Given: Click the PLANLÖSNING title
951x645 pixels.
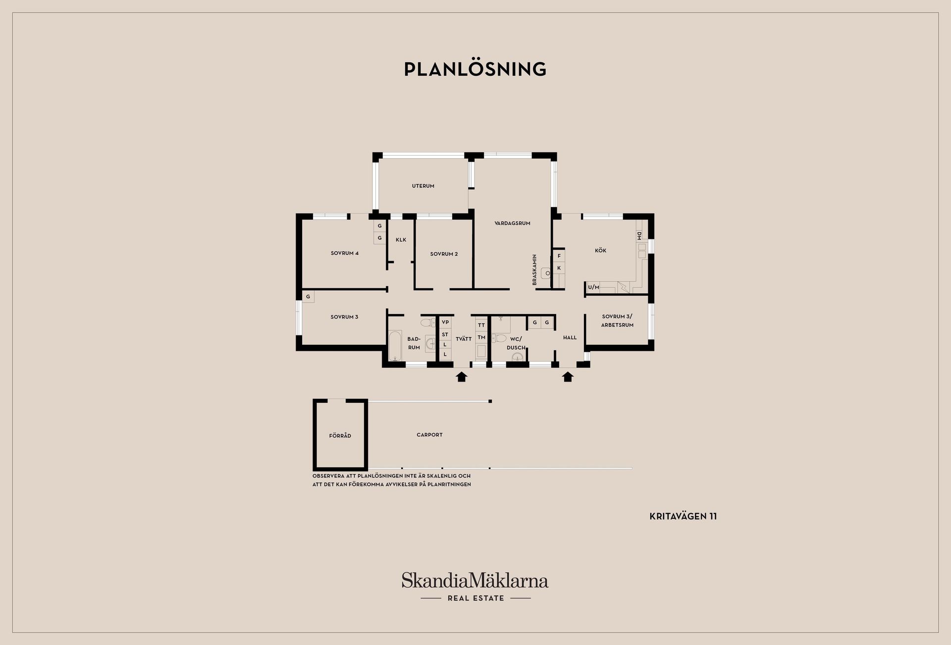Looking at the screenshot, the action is click(475, 69).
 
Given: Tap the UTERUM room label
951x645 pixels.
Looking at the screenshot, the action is click(423, 186).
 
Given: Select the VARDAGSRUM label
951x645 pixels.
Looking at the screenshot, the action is click(512, 223).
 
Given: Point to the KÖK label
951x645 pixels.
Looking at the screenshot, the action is click(600, 251).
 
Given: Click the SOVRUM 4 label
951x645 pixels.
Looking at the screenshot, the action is click(345, 253).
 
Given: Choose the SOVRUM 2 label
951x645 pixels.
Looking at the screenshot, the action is click(444, 254).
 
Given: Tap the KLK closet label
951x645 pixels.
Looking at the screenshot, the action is click(401, 240).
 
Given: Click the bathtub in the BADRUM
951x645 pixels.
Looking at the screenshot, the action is click(395, 345).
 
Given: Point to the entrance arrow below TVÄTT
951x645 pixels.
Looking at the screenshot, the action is click(461, 377).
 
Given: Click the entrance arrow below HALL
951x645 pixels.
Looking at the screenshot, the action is click(568, 377).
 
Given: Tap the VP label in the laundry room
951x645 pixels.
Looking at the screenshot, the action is click(445, 322).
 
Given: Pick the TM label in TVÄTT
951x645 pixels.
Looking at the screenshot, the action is click(481, 337).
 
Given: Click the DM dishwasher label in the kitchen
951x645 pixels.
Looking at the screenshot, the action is click(639, 235).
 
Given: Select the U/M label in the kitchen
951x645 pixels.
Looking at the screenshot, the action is click(593, 287).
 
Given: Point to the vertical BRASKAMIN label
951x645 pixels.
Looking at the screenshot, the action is click(534, 269).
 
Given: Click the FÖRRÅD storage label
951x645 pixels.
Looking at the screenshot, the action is click(340, 436).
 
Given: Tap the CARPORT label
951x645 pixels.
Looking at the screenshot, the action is click(429, 435).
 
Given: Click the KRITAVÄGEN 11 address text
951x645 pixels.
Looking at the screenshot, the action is click(683, 516).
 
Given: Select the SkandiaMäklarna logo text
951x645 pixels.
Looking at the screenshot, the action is click(475, 580).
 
